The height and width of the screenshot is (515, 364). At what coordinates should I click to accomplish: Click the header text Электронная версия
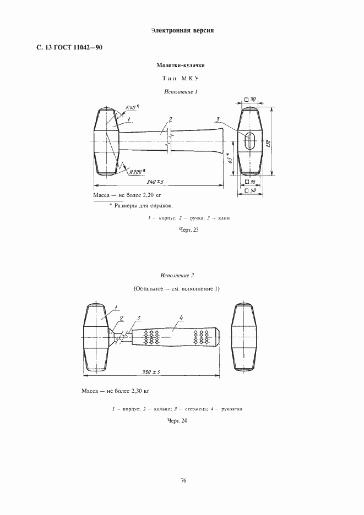[x=181, y=30]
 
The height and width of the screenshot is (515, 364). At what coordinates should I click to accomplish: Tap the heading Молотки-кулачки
[x=182, y=65]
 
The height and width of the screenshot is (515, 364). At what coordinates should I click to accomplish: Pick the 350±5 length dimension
[x=150, y=372]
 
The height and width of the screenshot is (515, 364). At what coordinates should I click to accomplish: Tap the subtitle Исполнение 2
[x=177, y=275]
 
